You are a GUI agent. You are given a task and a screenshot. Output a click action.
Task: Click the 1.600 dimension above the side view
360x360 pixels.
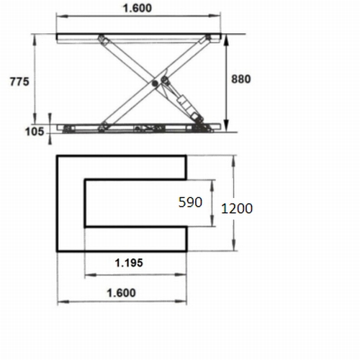(x=138, y=8)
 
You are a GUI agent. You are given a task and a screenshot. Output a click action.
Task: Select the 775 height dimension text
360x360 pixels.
(x=19, y=81)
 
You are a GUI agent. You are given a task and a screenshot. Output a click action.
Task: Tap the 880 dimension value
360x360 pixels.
(x=241, y=79)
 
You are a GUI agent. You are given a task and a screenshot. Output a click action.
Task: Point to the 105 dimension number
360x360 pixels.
(x=35, y=132)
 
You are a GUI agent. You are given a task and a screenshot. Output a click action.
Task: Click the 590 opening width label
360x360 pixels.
(x=190, y=202)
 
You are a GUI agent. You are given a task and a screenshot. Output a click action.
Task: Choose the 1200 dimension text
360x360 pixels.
(x=237, y=208)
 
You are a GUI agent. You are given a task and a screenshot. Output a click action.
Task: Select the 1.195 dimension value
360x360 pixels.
(x=129, y=263)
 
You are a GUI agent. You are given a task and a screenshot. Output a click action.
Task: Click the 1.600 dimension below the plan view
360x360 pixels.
(x=121, y=293)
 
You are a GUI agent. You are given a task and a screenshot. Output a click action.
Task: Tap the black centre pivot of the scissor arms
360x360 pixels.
(x=155, y=84)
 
